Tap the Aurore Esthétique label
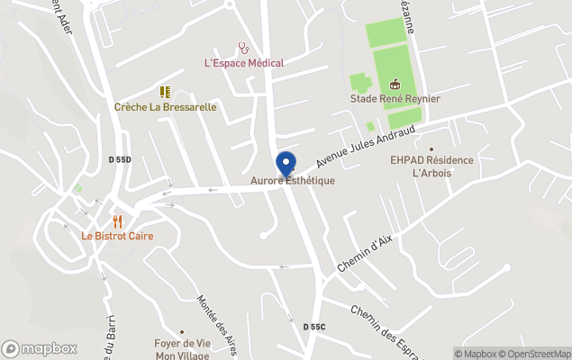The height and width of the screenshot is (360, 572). pyautogui.click(x=292, y=181)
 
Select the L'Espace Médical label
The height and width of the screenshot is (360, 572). pyautogui.click(x=244, y=63)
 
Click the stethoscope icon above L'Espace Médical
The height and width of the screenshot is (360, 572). pyautogui.click(x=243, y=48)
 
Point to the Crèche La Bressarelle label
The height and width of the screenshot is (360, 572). pyautogui.click(x=165, y=106)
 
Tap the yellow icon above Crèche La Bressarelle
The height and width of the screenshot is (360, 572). pyautogui.click(x=165, y=92)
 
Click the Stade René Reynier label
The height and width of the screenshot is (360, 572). pyautogui.click(x=395, y=98)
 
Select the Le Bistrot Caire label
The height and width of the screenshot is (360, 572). pyautogui.click(x=117, y=236)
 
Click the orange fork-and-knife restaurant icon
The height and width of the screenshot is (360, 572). pyautogui.click(x=117, y=220)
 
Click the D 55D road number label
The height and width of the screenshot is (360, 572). pyautogui.click(x=120, y=159)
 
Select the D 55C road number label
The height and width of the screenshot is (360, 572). pyautogui.click(x=313, y=326)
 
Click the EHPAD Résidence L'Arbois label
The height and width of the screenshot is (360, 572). pyautogui.click(x=431, y=166)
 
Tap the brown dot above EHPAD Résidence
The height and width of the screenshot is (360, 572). pyautogui.click(x=431, y=149)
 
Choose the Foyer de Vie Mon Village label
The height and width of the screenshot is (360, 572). pyautogui.click(x=181, y=348)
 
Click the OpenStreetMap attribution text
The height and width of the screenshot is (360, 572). pyautogui.click(x=537, y=353)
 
